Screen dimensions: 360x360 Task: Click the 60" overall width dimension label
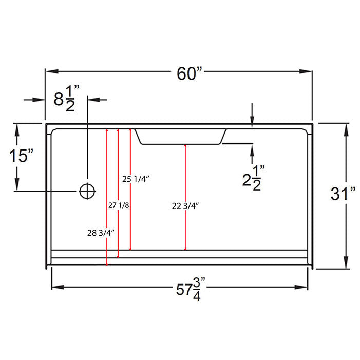tap(190, 73)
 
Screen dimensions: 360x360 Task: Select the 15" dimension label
tap(21, 156)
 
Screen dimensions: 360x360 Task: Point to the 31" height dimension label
tap(343, 193)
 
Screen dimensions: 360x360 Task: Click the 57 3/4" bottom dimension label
tap(191, 289)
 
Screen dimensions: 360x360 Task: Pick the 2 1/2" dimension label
tap(254, 178)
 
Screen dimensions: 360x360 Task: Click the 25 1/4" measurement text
tap(136, 179)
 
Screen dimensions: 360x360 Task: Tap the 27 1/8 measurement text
tap(119, 205)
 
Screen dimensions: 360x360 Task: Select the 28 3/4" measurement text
tap(101, 233)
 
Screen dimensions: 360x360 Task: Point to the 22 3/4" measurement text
tap(185, 206)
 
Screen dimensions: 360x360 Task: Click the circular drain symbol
tap(87, 191)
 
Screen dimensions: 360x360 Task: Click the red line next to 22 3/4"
tap(185, 197)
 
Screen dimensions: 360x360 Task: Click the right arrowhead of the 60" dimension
tap(306, 71)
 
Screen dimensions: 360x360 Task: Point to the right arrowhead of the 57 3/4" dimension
tap(301, 287)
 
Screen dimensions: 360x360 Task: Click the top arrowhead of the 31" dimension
tap(347, 130)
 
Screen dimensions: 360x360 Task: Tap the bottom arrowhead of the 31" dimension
tap(347, 262)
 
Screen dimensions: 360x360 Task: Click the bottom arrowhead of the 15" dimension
tap(17, 184)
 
